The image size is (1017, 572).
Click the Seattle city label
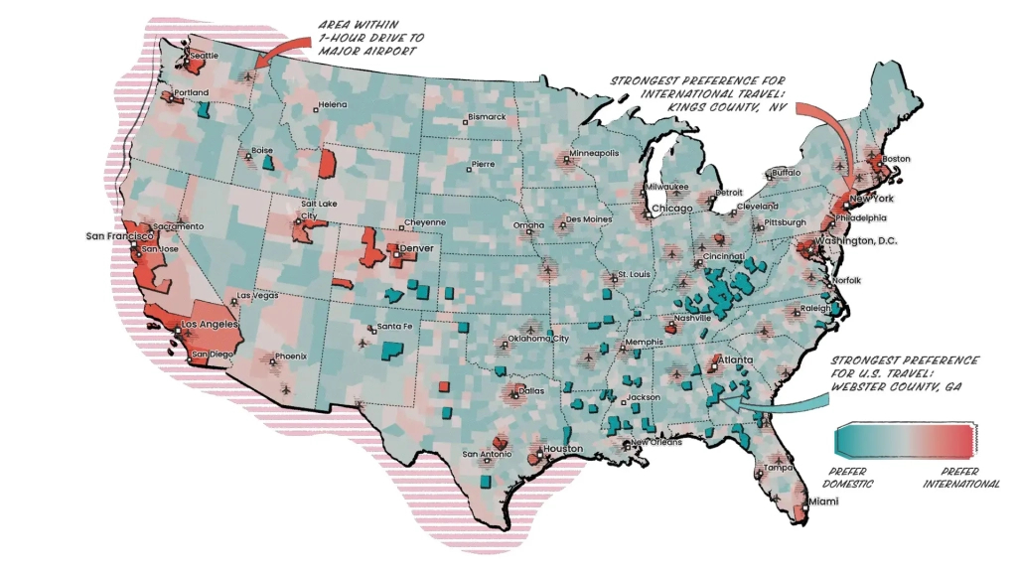[204, 56]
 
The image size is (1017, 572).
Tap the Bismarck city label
[488, 116]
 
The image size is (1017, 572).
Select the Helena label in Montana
[333, 104]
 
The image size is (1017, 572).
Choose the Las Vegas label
[258, 295]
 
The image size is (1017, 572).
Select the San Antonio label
[487, 455]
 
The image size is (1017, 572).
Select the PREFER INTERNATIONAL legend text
[960, 477]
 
